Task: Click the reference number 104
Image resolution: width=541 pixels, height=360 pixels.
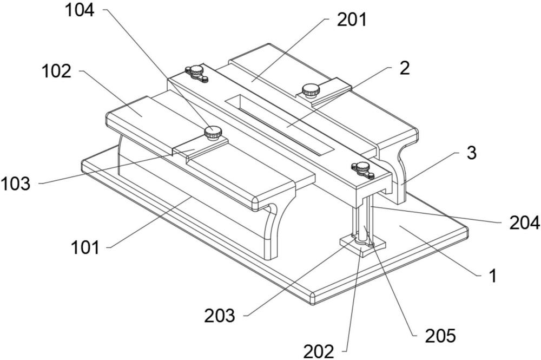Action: [x=80, y=10]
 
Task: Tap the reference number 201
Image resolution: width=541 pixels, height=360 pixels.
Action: [x=352, y=19]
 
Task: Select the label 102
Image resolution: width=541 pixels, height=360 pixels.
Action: [x=56, y=71]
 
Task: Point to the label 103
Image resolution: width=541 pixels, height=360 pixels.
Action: [x=16, y=184]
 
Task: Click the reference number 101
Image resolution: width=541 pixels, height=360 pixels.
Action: [x=85, y=247]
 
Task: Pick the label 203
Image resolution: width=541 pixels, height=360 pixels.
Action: [x=220, y=316]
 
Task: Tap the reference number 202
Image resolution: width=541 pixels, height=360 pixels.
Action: [x=319, y=351]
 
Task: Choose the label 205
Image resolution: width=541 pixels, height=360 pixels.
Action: [x=440, y=335]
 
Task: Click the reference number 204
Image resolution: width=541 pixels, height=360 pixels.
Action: [x=524, y=222]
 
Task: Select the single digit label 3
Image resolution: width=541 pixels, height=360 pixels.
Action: [x=472, y=153]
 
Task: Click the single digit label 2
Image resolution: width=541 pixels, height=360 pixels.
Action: [x=404, y=68]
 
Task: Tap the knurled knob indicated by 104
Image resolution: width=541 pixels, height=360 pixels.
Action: [x=213, y=133]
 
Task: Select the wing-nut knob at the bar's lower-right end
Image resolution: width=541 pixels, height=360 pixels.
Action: [x=362, y=170]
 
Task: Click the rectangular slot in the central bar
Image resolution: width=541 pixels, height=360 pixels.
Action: [x=279, y=125]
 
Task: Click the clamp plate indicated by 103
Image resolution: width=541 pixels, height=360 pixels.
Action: [x=201, y=148]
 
